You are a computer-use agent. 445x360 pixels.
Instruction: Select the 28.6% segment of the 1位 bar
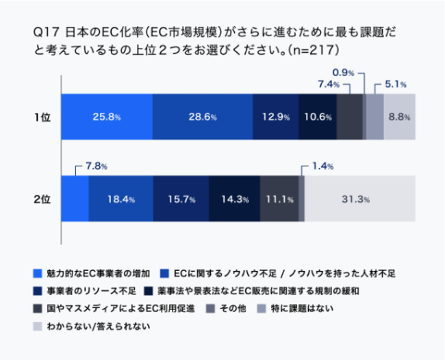(203, 117)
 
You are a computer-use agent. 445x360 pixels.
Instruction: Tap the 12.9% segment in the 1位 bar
(276, 117)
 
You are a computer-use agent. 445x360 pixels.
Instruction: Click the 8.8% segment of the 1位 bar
(399, 117)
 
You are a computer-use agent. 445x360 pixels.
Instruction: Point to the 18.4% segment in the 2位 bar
(120, 199)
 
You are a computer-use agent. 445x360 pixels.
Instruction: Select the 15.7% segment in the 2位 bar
(181, 199)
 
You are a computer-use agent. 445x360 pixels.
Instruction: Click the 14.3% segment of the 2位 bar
(234, 199)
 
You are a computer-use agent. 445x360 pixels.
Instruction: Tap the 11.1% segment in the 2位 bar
(279, 199)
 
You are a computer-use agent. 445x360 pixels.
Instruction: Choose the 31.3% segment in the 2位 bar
(359, 199)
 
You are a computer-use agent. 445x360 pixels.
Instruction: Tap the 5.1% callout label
(396, 84)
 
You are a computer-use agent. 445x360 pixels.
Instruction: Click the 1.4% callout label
(322, 166)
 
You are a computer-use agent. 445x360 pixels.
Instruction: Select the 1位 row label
(42, 117)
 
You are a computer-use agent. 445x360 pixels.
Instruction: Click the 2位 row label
(42, 199)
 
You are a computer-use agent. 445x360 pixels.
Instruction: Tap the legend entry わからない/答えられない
(98, 326)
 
